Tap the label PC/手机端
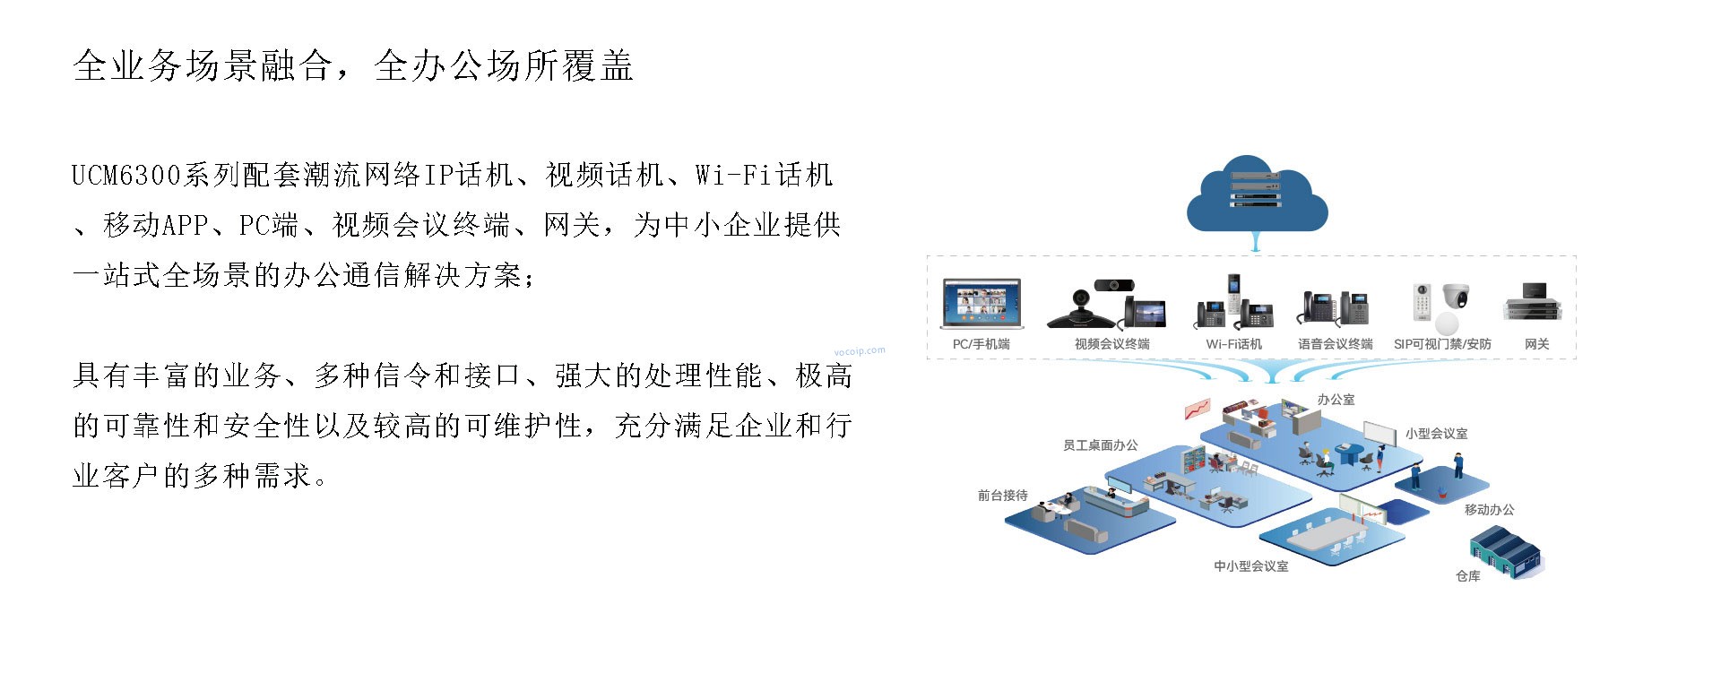(981, 344)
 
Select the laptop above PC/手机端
(982, 305)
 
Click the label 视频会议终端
(1111, 344)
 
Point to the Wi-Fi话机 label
(1233, 344)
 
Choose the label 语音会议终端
(1336, 344)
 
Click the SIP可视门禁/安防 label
(1442, 344)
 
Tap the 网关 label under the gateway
(1536, 344)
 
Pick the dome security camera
(1456, 297)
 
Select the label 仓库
(1467, 576)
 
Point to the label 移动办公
(1489, 510)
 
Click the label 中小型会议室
(1250, 566)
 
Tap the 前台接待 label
(1002, 496)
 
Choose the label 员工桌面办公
(1100, 445)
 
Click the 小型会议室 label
(1436, 434)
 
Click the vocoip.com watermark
(859, 351)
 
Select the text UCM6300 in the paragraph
(126, 175)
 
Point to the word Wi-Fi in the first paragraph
(732, 175)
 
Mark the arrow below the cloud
(1257, 242)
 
